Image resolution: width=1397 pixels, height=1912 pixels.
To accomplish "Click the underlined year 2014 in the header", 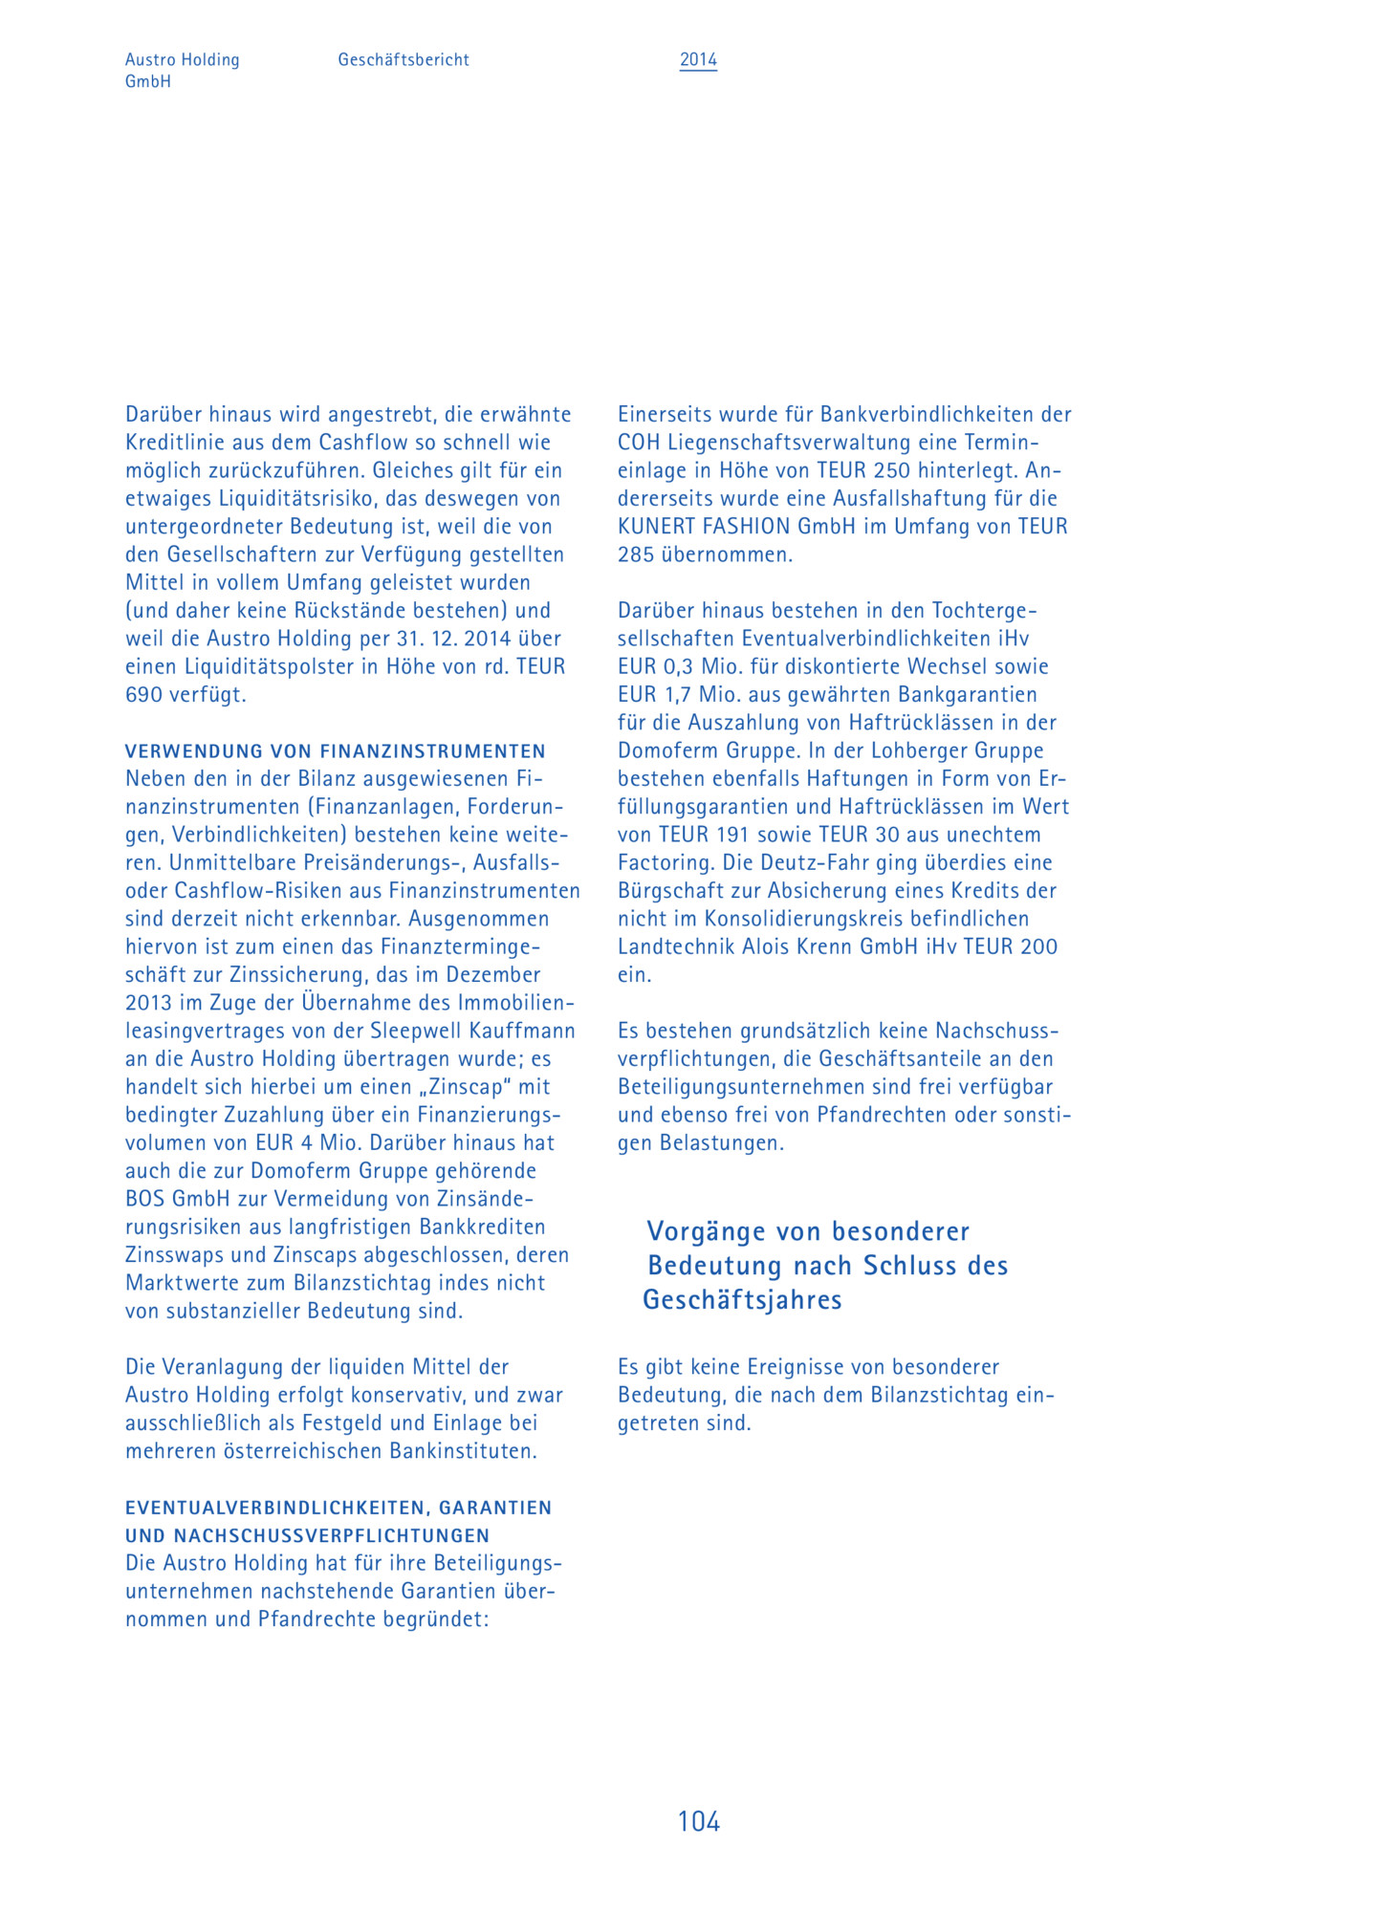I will pos(698,59).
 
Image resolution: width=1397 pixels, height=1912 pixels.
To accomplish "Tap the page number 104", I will pos(698,1821).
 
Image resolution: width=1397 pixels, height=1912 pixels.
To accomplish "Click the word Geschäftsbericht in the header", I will pos(404,59).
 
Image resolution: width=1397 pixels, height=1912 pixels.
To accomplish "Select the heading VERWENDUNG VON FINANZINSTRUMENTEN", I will pos(336,750).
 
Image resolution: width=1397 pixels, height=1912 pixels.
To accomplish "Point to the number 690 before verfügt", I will pos(144,695).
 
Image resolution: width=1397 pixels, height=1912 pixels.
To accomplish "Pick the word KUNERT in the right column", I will pos(654,527).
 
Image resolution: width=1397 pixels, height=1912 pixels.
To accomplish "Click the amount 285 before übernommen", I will pos(636,554).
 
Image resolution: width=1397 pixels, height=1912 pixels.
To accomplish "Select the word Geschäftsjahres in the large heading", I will pos(742,1300).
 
